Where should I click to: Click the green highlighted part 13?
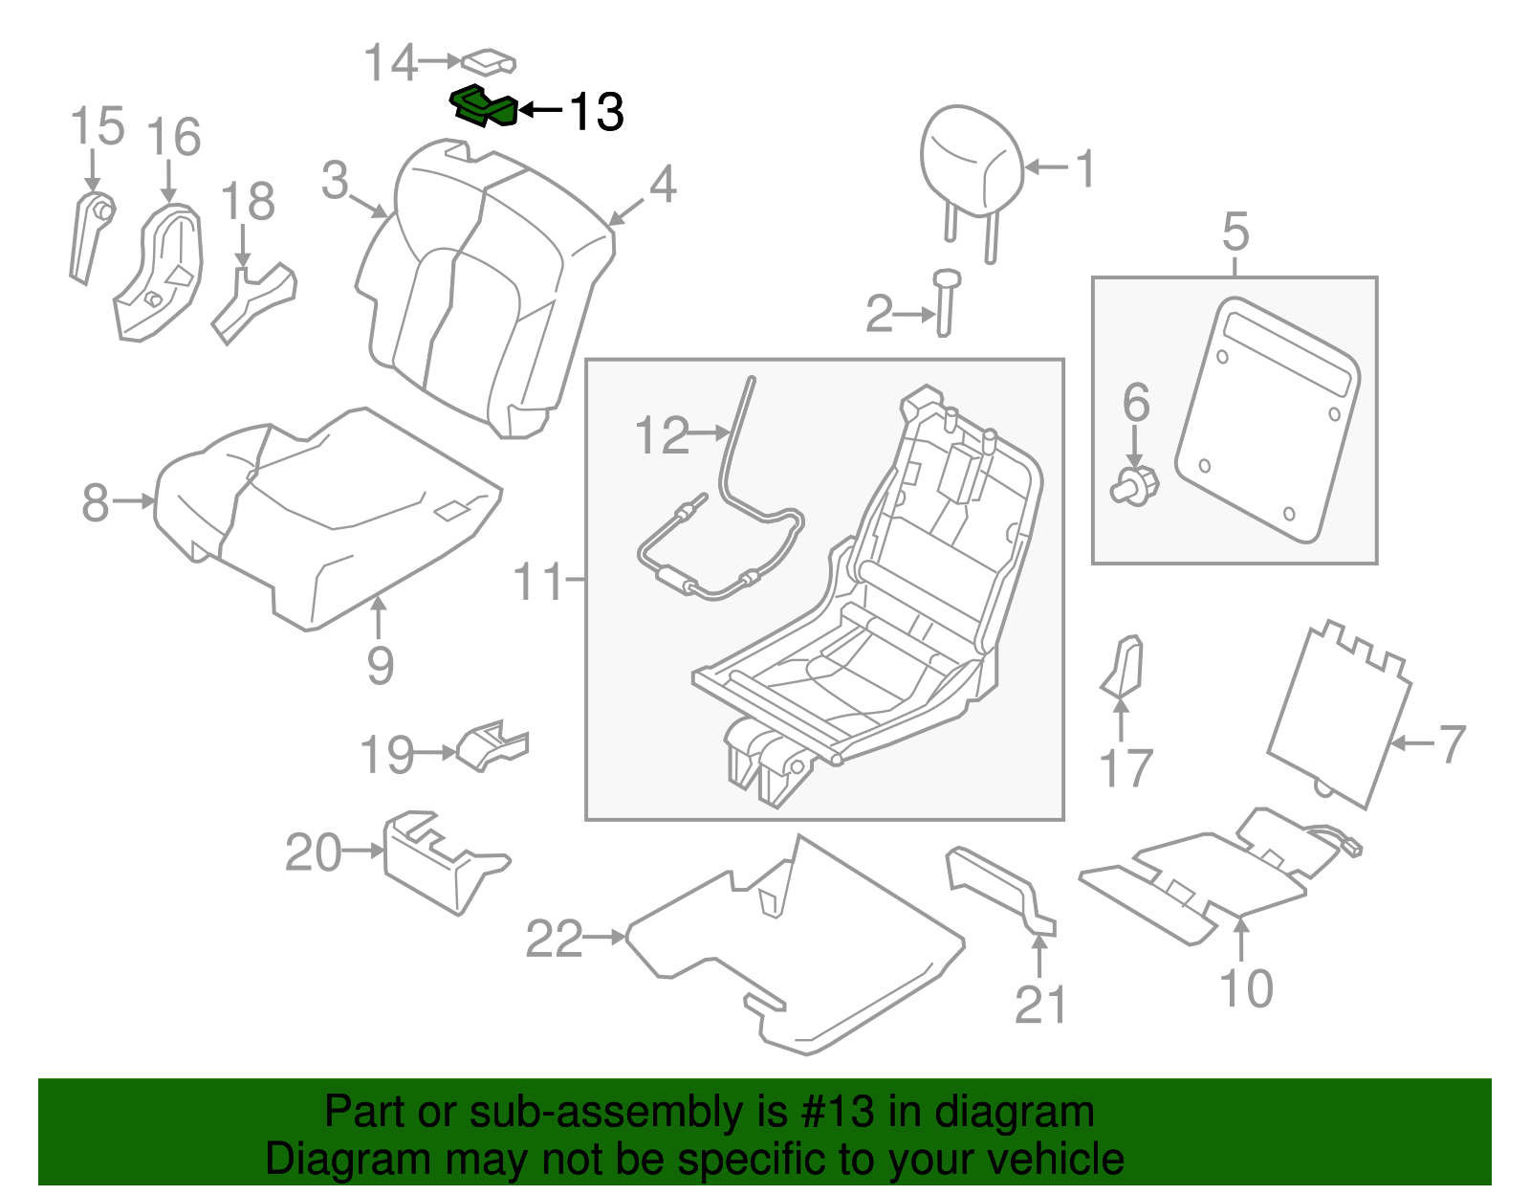click(486, 106)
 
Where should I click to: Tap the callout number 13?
click(596, 112)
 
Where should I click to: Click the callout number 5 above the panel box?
click(1235, 232)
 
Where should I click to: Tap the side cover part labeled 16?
click(161, 273)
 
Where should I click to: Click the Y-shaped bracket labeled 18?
click(254, 300)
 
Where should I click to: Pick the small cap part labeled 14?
click(490, 62)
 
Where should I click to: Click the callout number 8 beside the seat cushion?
click(95, 502)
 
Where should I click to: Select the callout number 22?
click(554, 939)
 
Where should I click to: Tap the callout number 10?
click(1246, 988)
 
